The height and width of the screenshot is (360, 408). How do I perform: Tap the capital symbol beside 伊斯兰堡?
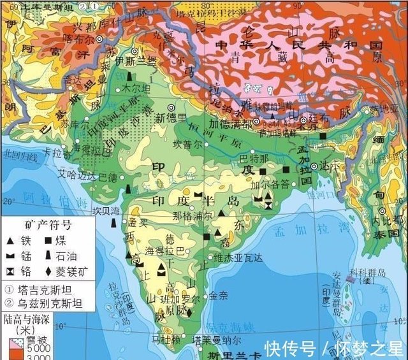pyautogui.click(x=134, y=51)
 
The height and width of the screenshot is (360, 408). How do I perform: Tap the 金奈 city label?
pyautogui.click(x=218, y=296)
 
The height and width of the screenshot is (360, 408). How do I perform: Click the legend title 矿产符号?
pyautogui.click(x=48, y=226)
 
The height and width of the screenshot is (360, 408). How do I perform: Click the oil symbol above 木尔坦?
pyautogui.click(x=130, y=76)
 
